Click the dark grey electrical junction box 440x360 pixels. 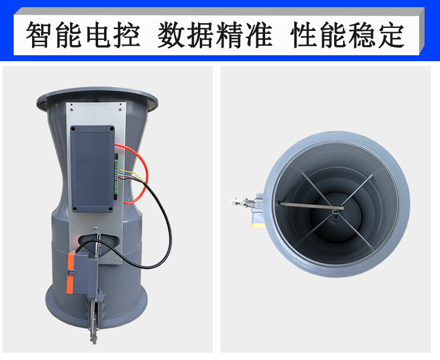93,169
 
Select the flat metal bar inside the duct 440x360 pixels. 309,206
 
